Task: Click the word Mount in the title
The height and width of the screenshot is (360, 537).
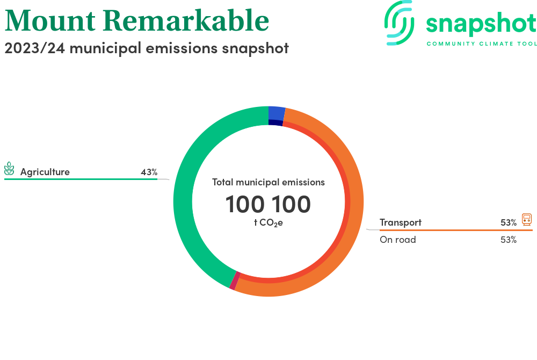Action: pos(50,21)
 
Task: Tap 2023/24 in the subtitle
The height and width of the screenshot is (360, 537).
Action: pos(34,48)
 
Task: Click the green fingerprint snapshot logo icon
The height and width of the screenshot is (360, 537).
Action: pos(399,23)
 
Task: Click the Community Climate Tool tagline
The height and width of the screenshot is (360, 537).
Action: pos(482,44)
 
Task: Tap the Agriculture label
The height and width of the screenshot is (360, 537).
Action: pos(45,171)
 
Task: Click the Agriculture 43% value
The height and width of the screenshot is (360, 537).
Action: pos(149,172)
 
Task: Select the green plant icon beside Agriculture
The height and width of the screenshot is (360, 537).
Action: pos(9,169)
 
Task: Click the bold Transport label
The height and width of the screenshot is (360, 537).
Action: pos(401,222)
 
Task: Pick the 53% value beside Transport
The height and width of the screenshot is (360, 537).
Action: pos(509,222)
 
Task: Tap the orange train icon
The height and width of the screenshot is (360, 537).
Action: pos(527,219)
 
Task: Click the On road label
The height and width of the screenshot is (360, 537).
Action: pos(397,240)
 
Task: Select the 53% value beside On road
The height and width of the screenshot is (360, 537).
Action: pos(509,240)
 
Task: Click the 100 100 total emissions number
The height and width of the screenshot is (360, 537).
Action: pos(268,205)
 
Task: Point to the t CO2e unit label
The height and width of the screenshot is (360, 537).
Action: pos(268,223)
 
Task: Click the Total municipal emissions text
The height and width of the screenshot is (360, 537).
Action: pos(268,182)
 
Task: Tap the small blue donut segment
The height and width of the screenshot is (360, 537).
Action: pos(277,113)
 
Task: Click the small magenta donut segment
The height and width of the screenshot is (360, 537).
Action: pos(235,281)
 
